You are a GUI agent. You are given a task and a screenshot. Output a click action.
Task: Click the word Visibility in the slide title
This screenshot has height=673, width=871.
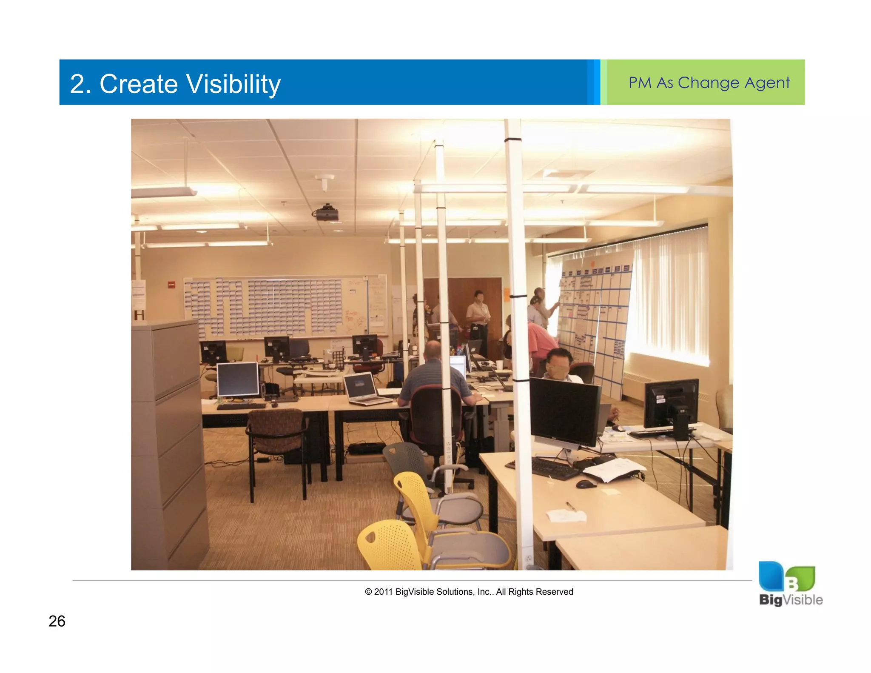(x=233, y=84)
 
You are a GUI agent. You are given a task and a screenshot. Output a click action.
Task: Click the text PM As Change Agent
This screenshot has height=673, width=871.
(x=709, y=83)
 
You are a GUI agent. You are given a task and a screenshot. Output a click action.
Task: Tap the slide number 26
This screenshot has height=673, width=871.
(x=57, y=621)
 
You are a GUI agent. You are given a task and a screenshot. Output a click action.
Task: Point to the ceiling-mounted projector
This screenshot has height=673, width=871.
(x=326, y=213)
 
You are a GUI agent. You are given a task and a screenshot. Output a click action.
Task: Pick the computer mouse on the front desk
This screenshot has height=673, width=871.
(x=586, y=484)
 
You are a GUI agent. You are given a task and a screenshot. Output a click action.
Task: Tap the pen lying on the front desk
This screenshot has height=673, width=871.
(x=571, y=506)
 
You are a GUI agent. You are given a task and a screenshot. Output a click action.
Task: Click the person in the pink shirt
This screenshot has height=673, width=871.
(x=540, y=340)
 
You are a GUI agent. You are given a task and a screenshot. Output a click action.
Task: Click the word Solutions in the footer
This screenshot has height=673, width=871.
(x=455, y=592)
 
